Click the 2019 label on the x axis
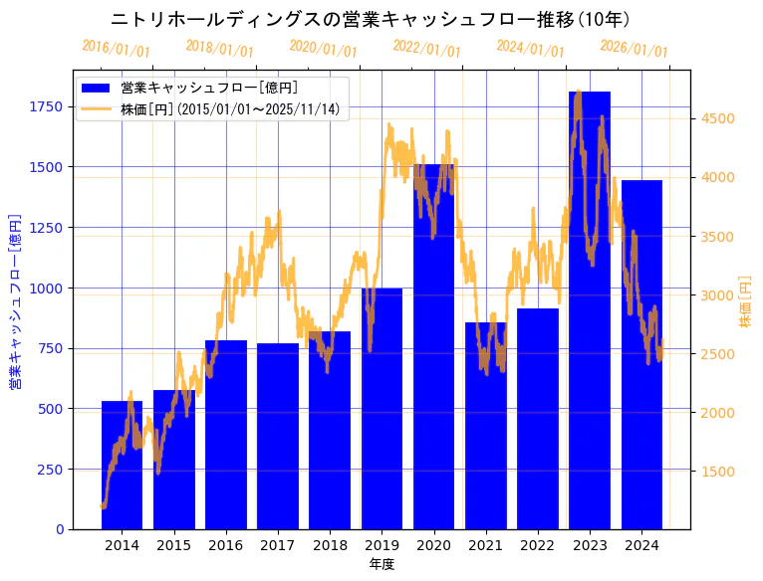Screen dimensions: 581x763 click(x=381, y=545)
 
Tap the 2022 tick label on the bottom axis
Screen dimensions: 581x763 click(x=537, y=545)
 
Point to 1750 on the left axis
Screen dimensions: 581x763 click(x=47, y=106)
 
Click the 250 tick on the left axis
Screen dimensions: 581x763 click(x=51, y=469)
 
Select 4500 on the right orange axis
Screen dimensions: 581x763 click(x=718, y=118)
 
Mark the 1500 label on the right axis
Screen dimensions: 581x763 click(x=718, y=472)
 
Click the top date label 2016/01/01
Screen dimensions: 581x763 click(x=117, y=49)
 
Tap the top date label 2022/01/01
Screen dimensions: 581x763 click(x=426, y=49)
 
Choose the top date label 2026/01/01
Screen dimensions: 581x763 click(x=634, y=49)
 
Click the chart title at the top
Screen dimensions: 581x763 click(x=370, y=19)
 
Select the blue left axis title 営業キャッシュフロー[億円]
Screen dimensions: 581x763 click(x=15, y=300)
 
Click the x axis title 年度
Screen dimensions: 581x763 click(x=381, y=564)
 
